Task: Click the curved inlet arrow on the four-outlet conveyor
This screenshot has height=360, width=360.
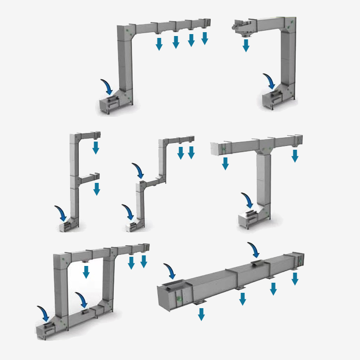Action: click(x=108, y=86)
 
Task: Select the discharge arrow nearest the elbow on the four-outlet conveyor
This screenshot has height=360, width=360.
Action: click(x=159, y=44)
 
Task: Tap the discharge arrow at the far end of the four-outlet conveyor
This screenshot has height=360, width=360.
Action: click(x=205, y=38)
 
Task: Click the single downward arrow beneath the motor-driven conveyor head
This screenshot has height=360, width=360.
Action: click(x=246, y=45)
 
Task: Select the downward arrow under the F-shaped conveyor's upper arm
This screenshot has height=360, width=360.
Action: click(x=96, y=147)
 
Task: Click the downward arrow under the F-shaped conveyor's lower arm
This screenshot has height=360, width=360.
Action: click(x=96, y=189)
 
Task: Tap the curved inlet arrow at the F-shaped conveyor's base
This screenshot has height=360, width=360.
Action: click(x=61, y=213)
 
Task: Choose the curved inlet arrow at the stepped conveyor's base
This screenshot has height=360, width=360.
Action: click(x=129, y=211)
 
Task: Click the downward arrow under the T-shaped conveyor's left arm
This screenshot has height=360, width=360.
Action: click(x=225, y=164)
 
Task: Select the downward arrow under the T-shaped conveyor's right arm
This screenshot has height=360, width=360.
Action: click(x=295, y=156)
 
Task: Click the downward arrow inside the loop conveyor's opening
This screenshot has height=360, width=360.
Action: click(x=86, y=272)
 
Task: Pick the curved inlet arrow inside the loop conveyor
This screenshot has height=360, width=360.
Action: click(x=82, y=300)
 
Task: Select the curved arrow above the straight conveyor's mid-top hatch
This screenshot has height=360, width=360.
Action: click(x=253, y=250)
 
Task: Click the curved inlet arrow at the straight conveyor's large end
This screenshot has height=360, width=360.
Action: click(x=170, y=271)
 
